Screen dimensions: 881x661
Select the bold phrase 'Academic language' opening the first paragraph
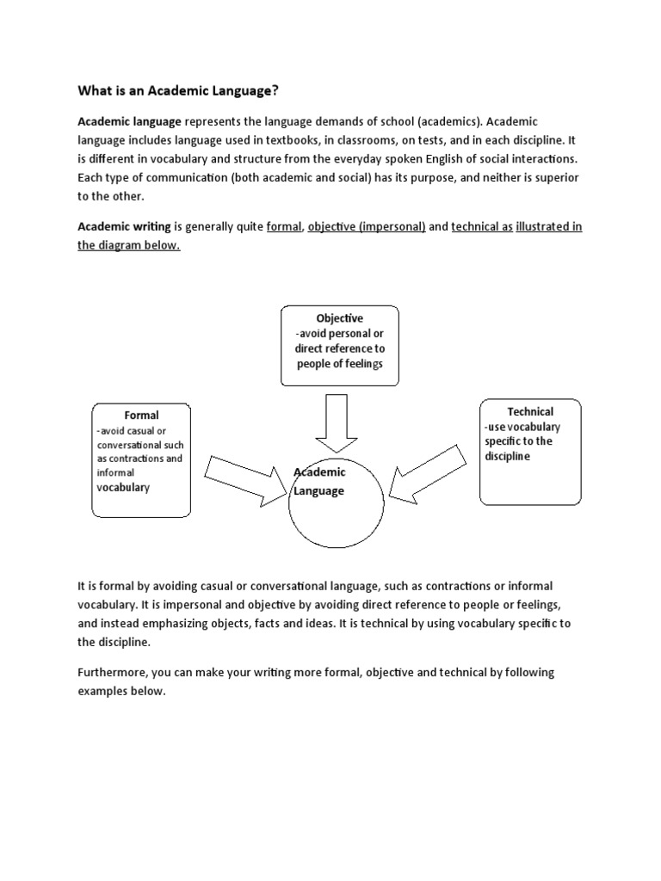click(129, 121)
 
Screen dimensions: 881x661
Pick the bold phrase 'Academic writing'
click(124, 226)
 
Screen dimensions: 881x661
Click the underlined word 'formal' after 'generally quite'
click(284, 226)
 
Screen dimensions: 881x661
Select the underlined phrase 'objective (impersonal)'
click(367, 226)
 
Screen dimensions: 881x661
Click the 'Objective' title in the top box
click(339, 318)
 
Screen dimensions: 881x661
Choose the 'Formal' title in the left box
click(141, 416)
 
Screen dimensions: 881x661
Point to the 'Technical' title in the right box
click(529, 411)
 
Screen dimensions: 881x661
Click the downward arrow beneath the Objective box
click(332, 422)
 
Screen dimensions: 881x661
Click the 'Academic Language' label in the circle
click(320, 482)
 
